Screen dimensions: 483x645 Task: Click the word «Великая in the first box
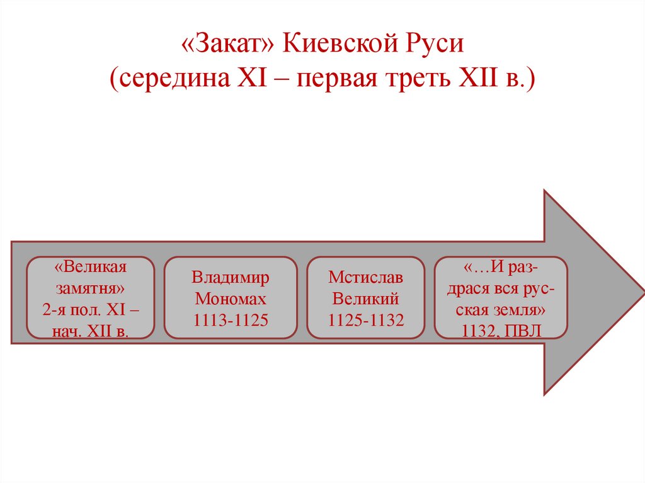(91, 267)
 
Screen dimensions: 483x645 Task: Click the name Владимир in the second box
(231, 278)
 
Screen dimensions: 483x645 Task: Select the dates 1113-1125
(231, 320)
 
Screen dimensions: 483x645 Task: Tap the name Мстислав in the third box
(365, 278)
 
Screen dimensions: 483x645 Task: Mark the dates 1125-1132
(365, 320)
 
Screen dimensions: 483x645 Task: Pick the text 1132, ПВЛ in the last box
(501, 331)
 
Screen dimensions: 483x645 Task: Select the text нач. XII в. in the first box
(91, 331)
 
